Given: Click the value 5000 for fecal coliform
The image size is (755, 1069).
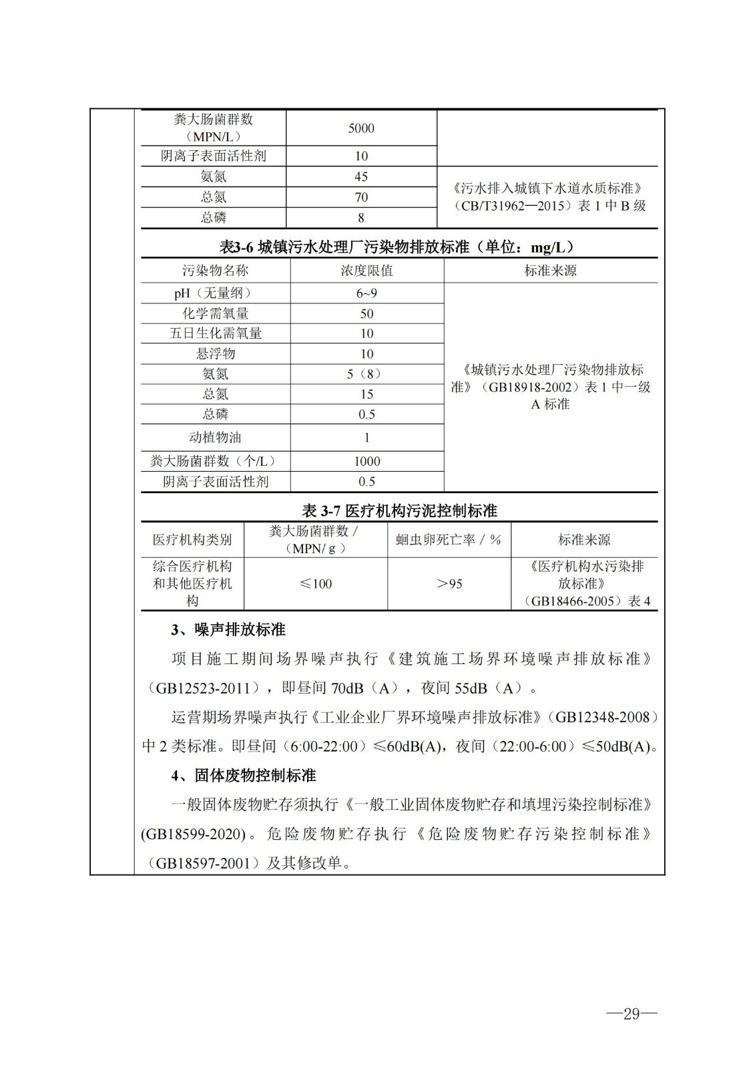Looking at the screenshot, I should (361, 128).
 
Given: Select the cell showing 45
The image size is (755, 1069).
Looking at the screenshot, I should (361, 176).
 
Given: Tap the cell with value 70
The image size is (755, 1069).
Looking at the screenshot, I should (361, 197).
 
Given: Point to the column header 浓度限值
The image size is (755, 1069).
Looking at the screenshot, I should (366, 271).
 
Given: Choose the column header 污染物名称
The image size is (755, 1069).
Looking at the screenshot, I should (216, 271).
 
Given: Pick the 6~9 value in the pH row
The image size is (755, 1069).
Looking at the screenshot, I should (366, 293).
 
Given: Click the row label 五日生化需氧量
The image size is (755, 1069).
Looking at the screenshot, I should (216, 333).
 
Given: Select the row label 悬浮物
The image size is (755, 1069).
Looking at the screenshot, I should (216, 353).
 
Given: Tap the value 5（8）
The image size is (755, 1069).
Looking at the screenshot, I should (366, 374).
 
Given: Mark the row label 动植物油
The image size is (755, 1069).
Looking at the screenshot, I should (216, 438).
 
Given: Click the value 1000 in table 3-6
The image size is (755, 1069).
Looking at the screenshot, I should (366, 461).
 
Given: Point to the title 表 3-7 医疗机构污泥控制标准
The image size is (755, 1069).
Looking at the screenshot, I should (399, 511).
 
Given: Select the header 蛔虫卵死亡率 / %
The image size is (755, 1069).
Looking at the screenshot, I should (449, 540).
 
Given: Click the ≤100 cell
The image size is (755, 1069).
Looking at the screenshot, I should (316, 584).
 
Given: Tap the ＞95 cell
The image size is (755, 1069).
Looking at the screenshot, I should (449, 584).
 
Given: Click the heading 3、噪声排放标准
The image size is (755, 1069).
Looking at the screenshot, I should (228, 630).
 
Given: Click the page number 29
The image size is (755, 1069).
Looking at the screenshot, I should (631, 1014).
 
